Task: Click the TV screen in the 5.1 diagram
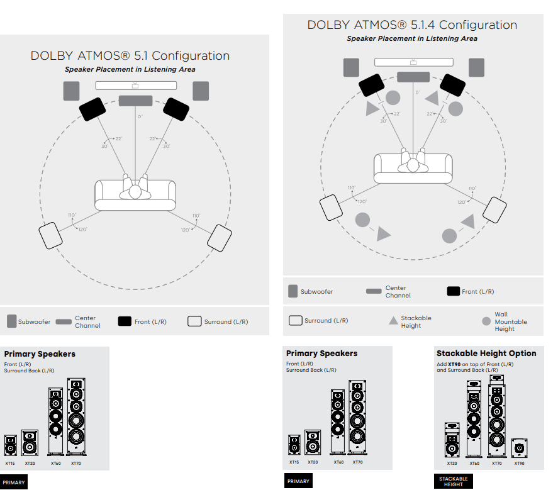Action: (x=136, y=86)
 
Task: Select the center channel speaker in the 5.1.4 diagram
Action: (x=413, y=77)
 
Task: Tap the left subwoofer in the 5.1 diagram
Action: (x=71, y=91)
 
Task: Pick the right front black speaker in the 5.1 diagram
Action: (x=176, y=109)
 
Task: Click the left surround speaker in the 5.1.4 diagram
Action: (x=331, y=208)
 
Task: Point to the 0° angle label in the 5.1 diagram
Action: (x=140, y=116)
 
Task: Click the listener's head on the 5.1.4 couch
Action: (x=413, y=165)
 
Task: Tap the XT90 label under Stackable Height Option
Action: (x=519, y=464)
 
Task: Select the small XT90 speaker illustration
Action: (x=519, y=448)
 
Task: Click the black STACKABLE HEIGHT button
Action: (x=453, y=481)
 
